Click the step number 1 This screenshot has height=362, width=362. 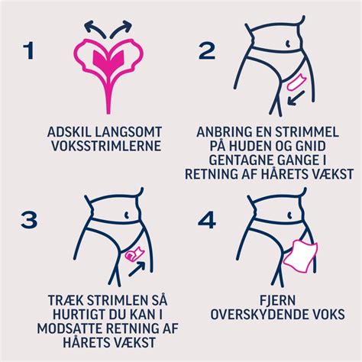(28, 51)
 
